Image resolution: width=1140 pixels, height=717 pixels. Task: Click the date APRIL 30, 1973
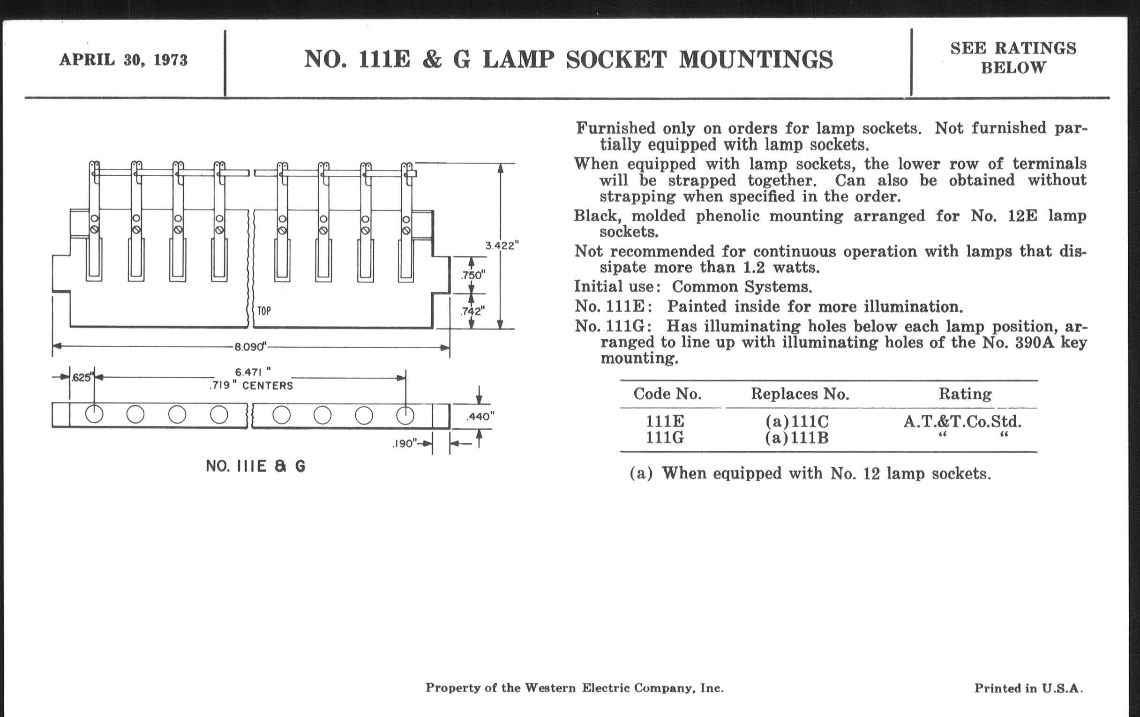tap(123, 60)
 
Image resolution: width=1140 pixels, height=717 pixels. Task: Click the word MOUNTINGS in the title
tap(756, 60)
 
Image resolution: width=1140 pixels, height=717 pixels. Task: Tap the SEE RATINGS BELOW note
tap(1013, 58)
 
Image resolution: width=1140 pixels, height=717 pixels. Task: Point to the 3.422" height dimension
tap(502, 245)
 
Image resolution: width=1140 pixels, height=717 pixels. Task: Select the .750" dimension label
tap(473, 275)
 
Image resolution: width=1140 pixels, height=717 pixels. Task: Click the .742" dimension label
tap(472, 311)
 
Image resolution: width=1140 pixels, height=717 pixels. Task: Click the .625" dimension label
tap(82, 378)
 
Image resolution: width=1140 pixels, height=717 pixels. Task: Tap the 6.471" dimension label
tap(253, 373)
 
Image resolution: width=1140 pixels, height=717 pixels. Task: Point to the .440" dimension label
tap(480, 417)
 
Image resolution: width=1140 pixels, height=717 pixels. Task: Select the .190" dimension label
tap(405, 444)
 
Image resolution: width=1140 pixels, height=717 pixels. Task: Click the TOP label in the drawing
tap(264, 311)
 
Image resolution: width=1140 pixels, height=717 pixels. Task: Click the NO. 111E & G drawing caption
tap(255, 467)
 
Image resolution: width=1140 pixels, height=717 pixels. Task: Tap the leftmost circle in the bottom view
tap(94, 414)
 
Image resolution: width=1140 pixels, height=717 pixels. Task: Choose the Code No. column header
tap(667, 394)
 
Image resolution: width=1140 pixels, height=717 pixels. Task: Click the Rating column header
tap(965, 394)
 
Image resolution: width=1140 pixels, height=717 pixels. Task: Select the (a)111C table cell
tap(797, 421)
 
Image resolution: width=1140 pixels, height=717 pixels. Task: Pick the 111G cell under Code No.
tap(665, 438)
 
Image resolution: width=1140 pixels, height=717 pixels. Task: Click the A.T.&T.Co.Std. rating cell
tap(962, 421)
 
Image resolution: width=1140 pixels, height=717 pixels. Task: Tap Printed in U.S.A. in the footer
tap(1028, 688)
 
